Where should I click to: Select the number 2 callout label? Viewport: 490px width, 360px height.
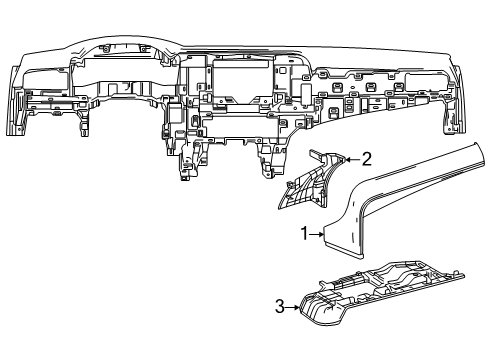click(366, 158)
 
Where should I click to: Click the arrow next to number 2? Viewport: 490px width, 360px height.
click(352, 159)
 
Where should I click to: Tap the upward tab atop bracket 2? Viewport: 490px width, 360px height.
click(314, 152)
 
